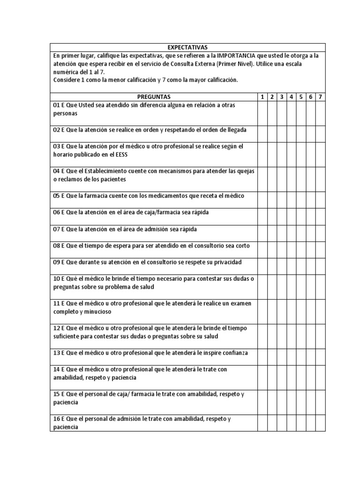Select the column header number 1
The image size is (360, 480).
[262, 97]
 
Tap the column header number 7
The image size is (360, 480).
[320, 97]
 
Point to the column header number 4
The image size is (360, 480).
[291, 97]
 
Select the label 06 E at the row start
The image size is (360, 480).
[58, 212]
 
